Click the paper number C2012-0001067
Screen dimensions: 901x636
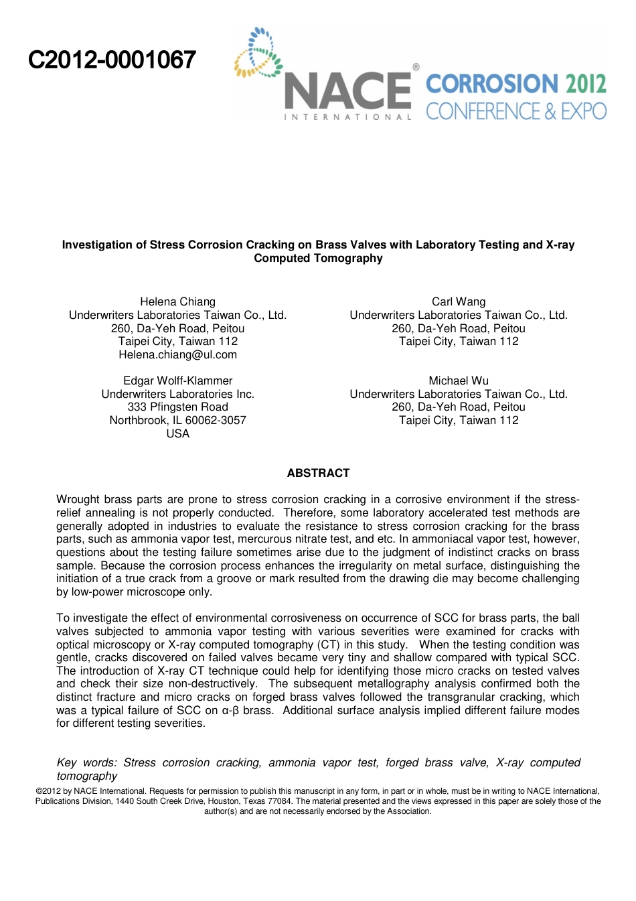click(112, 60)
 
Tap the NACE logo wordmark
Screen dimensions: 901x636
click(347, 92)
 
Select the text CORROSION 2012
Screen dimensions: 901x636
click(515, 84)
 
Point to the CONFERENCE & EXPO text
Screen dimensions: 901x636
click(515, 111)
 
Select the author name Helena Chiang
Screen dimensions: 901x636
click(177, 302)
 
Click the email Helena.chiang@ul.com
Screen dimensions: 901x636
click(177, 355)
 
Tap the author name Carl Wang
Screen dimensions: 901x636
click(459, 302)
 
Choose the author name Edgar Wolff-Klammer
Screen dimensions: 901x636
click(177, 381)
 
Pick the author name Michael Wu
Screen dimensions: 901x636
click(459, 381)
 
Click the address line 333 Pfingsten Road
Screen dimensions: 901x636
click(177, 407)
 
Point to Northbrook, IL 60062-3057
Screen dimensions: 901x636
click(177, 421)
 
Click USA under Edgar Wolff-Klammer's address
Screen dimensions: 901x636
click(177, 434)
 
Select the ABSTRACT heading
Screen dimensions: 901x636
click(318, 474)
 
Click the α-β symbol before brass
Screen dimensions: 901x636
click(230, 711)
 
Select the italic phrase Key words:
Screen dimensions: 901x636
click(86, 763)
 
